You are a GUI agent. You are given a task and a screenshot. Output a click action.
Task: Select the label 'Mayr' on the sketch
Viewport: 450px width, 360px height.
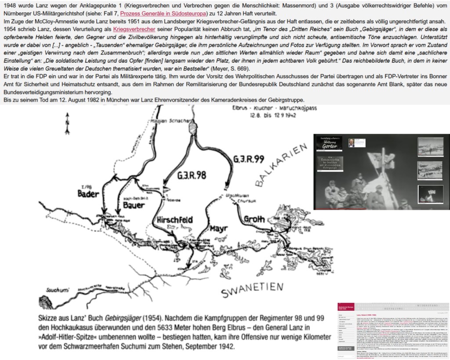pos(218,228)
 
